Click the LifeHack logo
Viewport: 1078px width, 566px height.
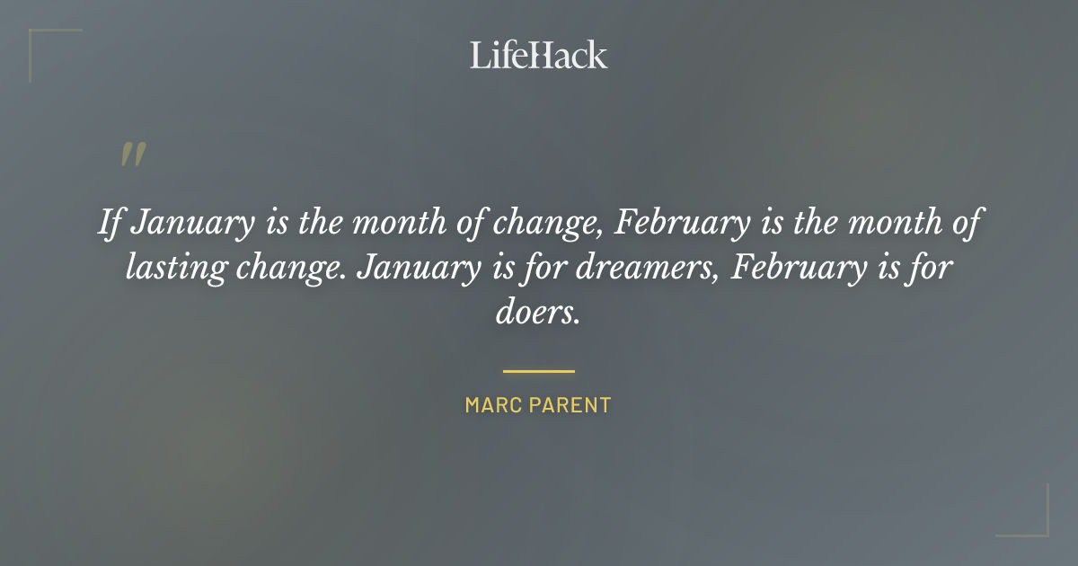(x=539, y=55)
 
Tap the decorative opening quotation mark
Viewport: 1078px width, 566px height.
(x=132, y=155)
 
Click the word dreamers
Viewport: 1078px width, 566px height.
(x=638, y=268)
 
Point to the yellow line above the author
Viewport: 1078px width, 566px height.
(x=539, y=370)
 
